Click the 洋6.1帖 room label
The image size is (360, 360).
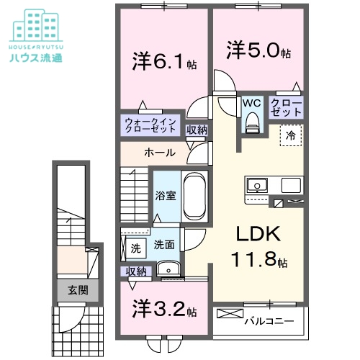tap(160, 61)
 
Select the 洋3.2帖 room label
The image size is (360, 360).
tap(164, 311)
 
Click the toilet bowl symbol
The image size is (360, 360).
tap(251, 123)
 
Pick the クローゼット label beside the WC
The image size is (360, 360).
tap(287, 108)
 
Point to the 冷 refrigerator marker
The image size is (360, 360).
tap(292, 134)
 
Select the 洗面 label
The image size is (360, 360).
tap(163, 245)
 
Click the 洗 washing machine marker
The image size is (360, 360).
tap(135, 248)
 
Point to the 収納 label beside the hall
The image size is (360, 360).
tap(197, 130)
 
